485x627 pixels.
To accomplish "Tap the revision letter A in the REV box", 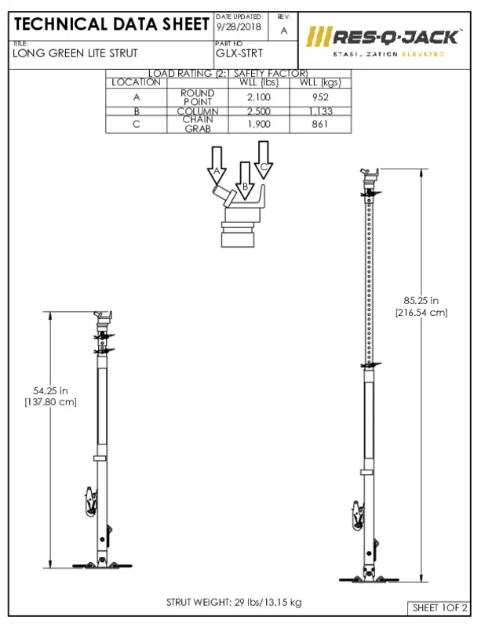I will pos(283,30).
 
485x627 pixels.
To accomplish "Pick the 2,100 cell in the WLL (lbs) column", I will pos(259,96).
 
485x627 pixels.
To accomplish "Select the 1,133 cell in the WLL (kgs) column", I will pos(319,111).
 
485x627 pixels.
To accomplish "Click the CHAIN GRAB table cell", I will pos(198,124).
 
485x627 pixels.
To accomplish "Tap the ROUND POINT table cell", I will pos(198,96).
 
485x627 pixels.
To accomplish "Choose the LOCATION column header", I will pos(136,82).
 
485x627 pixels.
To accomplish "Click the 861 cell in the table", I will pos(319,124).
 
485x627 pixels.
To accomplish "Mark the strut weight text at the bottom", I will pos(233,602).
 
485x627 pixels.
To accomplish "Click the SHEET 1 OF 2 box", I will pos(439,608).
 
